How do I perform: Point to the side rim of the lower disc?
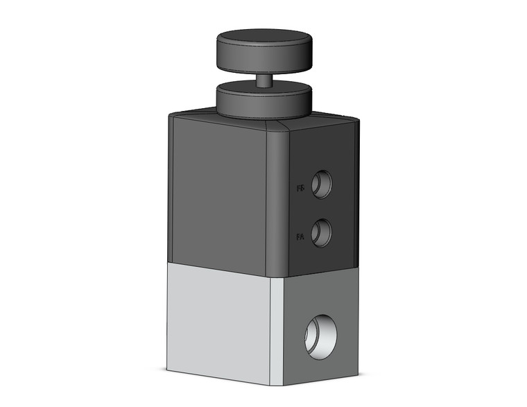tap(263, 107)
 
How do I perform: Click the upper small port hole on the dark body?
tap(321, 184)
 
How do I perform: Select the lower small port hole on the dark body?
tap(321, 232)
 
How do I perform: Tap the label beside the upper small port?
tap(300, 187)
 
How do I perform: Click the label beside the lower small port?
tap(300, 237)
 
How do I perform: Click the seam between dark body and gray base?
tap(222, 265)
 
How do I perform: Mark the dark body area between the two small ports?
tap(321, 208)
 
